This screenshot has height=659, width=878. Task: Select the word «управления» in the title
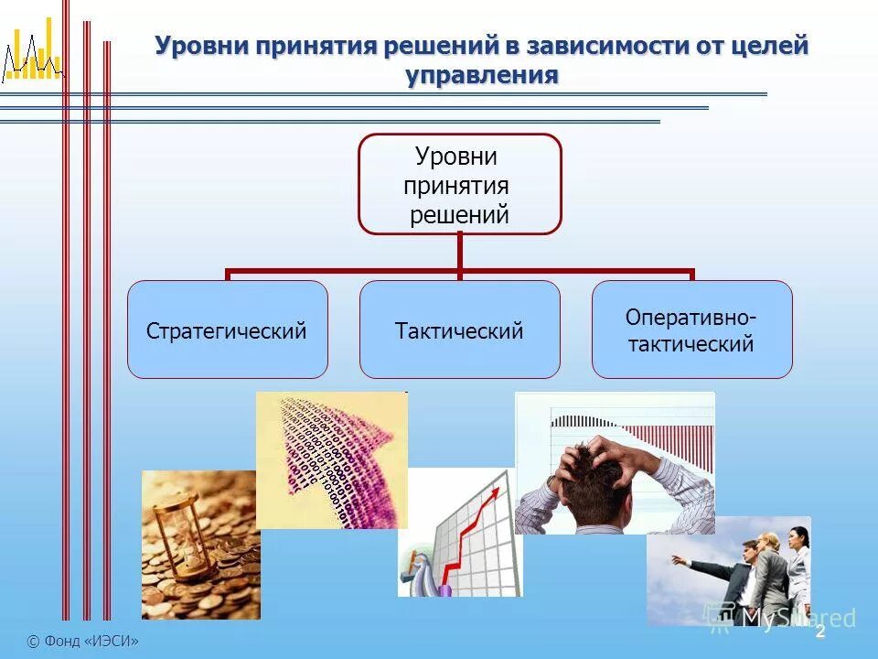click(x=482, y=75)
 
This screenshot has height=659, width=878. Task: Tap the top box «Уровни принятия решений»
click(x=459, y=184)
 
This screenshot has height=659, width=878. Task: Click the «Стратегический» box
click(x=227, y=329)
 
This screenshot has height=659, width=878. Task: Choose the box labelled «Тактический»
click(x=459, y=329)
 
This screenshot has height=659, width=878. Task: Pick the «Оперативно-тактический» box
click(x=691, y=329)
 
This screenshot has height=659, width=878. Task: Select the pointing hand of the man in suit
click(x=677, y=557)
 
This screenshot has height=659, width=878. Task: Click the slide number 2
click(x=820, y=632)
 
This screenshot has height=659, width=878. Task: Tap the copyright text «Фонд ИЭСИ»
click(x=83, y=642)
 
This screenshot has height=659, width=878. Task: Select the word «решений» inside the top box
click(x=459, y=214)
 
